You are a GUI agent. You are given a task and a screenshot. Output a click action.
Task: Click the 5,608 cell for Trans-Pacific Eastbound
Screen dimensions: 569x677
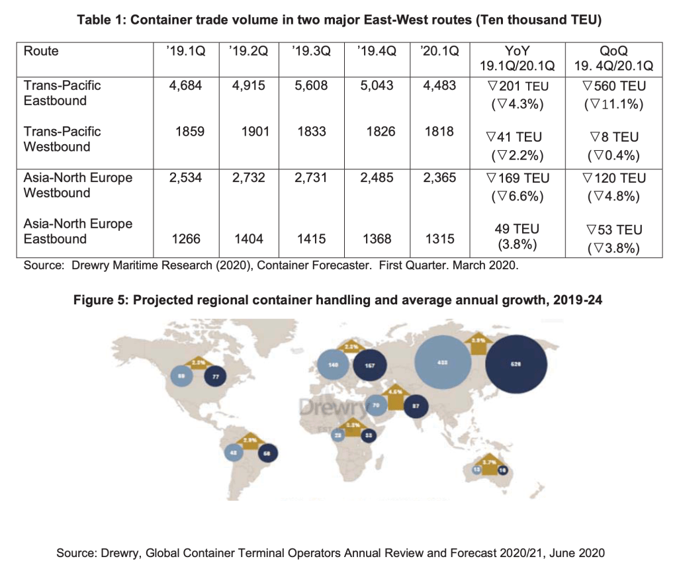coord(312,85)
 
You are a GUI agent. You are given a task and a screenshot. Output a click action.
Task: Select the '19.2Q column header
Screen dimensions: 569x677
coord(247,51)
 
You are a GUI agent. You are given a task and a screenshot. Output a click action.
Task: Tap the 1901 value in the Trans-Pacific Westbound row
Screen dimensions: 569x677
coord(254,131)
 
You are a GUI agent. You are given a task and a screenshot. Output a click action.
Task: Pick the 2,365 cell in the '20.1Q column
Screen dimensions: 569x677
coord(439,177)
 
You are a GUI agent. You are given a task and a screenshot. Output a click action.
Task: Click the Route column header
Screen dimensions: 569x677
coord(41,51)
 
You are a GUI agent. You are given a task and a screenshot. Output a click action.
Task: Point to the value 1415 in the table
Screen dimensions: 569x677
coord(312,239)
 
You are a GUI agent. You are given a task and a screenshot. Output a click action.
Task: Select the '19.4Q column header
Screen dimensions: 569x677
coord(376,51)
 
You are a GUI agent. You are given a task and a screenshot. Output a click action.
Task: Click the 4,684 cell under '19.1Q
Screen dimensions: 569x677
coord(185,85)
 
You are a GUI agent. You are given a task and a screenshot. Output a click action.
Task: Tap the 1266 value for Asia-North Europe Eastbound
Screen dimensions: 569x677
coord(191,239)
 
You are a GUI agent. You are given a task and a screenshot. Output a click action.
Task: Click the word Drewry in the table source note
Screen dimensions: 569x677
coord(84,265)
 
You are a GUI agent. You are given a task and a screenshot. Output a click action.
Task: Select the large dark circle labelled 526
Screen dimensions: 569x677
coord(516,363)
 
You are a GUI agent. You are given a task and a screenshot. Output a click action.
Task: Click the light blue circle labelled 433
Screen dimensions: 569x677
coord(443,363)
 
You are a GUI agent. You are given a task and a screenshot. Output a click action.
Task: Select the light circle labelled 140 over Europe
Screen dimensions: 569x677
coord(333,365)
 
